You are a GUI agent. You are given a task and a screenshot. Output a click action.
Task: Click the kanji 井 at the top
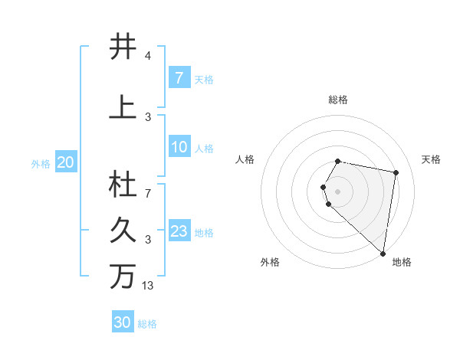pos(123,47)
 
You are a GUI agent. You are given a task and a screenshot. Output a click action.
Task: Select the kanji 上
pos(123,107)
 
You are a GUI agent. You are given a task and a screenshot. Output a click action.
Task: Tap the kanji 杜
pos(123,185)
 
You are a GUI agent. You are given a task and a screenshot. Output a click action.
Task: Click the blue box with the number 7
pos(179,78)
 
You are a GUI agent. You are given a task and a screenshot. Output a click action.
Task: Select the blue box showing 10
pos(179,147)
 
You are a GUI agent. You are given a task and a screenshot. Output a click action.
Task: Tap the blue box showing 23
pos(179,231)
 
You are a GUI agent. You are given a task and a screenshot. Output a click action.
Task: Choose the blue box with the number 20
pos(66,162)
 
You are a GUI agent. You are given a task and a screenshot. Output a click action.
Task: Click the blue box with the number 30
pos(123,322)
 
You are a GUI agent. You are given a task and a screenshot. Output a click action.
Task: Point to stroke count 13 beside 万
pos(148,286)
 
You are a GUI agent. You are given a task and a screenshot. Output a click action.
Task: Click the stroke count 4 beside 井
pos(147,57)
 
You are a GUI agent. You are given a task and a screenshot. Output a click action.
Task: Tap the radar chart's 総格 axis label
pos(338,100)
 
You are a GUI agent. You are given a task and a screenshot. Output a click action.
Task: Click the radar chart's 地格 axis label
pos(402,263)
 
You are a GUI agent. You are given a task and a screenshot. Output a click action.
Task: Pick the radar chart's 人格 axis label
pos(245,159)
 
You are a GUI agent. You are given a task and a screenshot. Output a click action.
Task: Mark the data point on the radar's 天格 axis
pos(396,172)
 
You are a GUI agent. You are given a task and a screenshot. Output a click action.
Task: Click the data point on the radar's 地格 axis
pos(383,253)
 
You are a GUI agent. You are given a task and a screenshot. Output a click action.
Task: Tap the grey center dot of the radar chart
pos(338,191)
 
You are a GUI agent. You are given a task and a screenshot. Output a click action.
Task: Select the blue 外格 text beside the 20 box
pos(40,163)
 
